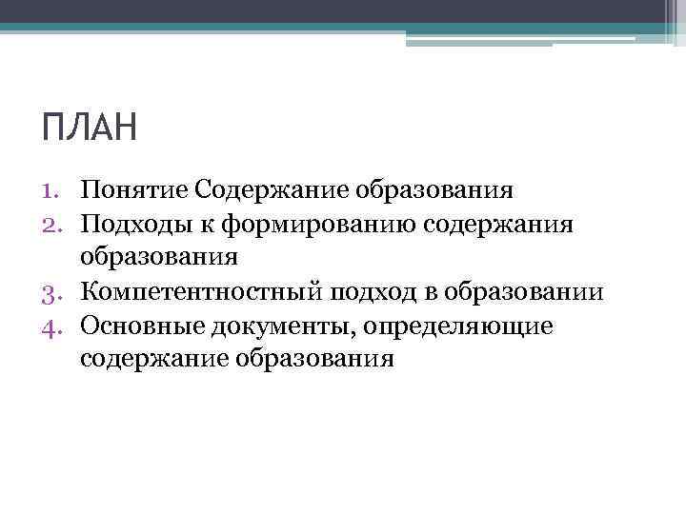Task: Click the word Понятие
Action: point(134,189)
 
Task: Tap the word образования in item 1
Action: point(435,189)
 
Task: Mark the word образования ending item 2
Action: point(159,258)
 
